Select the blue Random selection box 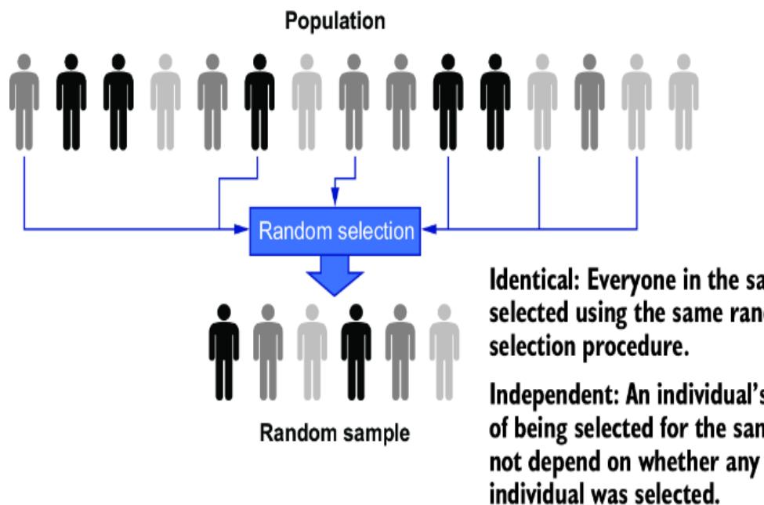(335, 230)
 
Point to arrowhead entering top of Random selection (335, 202)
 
